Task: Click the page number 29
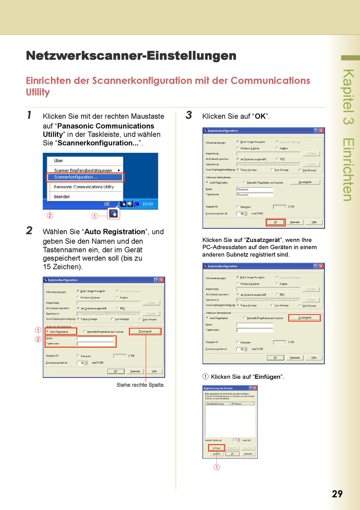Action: pos(337,494)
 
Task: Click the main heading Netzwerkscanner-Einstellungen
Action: pos(131,56)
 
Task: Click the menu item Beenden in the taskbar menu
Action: pos(62,197)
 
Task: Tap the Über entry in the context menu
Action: pos(58,161)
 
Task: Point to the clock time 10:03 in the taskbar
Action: pos(147,204)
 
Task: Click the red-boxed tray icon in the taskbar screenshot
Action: pos(113,214)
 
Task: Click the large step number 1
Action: pos(29,115)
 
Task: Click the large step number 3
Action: pos(189,115)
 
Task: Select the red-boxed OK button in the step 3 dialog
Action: pos(275,222)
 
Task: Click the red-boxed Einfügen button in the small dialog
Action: pos(217,448)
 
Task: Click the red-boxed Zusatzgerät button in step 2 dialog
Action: pos(145,331)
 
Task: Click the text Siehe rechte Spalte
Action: pos(141,385)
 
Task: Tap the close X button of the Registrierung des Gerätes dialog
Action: pos(255,388)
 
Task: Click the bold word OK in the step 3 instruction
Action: pos(260,116)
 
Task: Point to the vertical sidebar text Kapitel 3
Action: pos(348,97)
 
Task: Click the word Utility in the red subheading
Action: pos(38,92)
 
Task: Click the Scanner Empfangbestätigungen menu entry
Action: pos(83,171)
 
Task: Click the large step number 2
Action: pos(30,231)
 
